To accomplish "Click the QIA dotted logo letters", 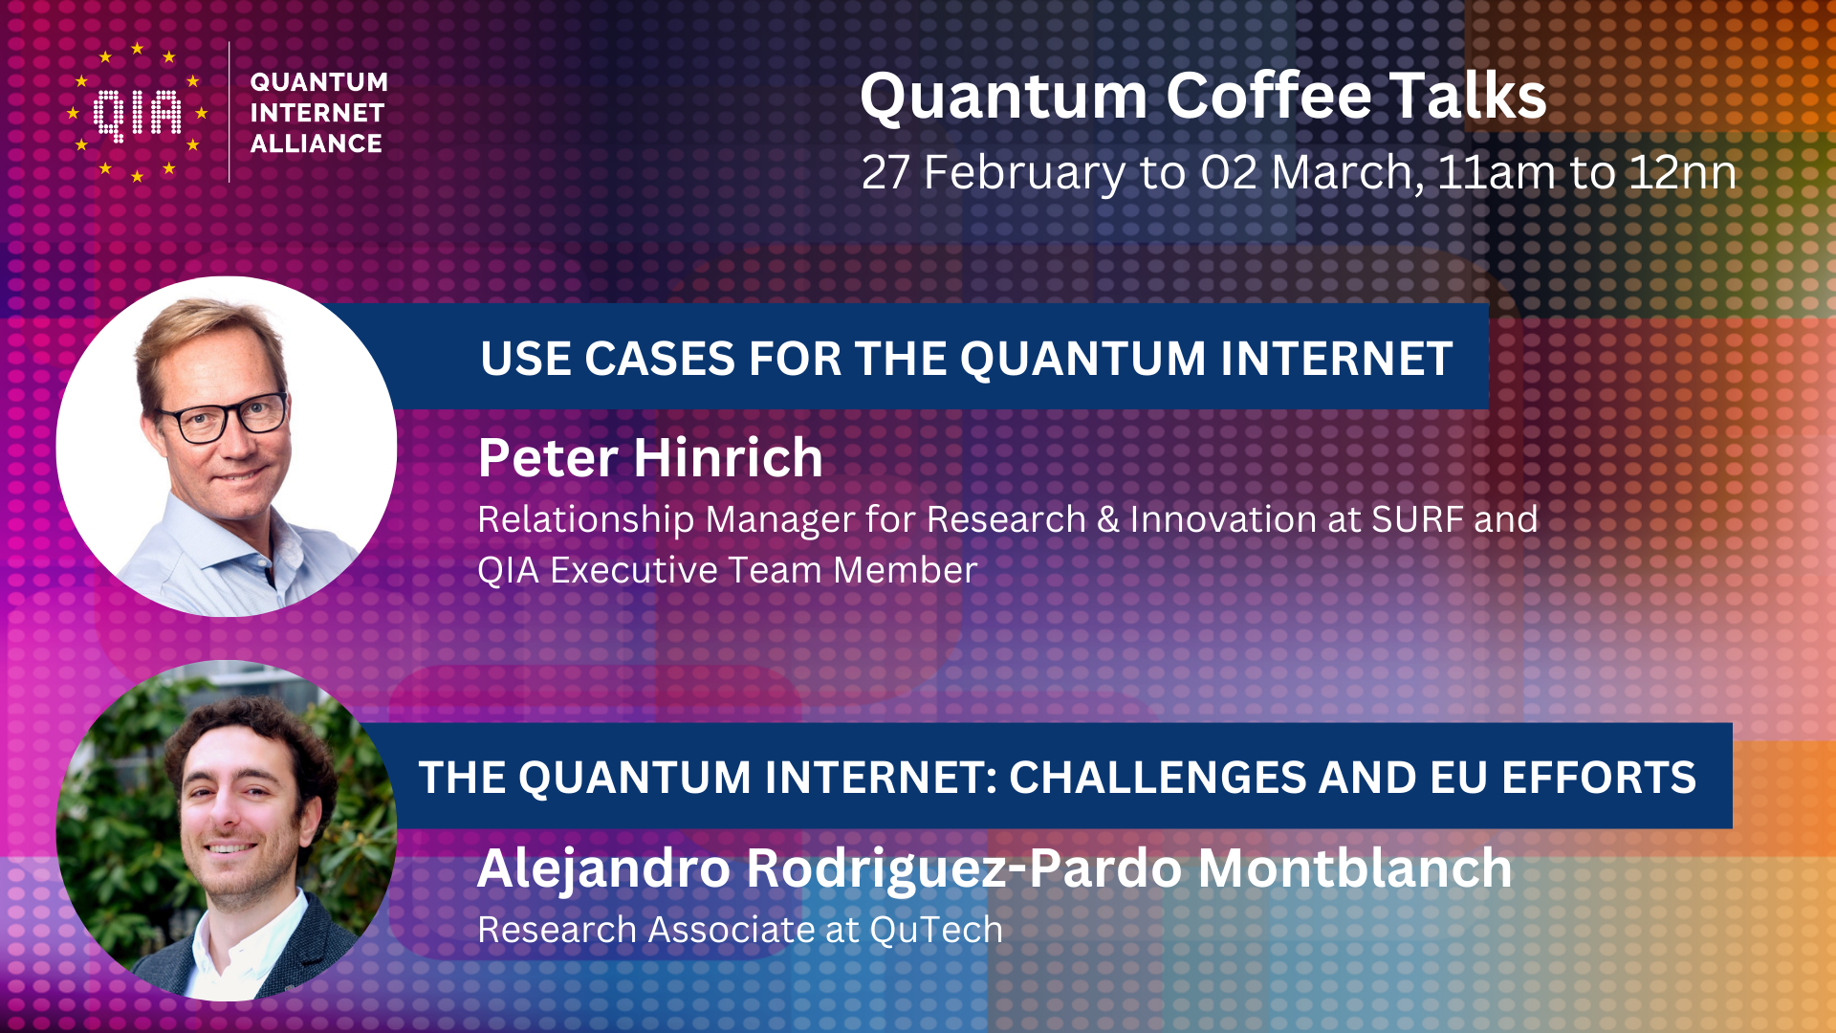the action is tap(138, 115).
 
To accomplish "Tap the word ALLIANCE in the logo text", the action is tap(317, 143).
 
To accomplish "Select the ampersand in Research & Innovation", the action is tap(1108, 519).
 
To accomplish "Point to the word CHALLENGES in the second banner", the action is tap(1156, 778).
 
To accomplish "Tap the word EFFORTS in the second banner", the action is tap(1599, 778).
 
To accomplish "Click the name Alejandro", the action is tap(604, 869).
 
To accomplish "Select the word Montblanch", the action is tap(1355, 868).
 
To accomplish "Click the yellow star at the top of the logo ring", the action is tap(138, 48).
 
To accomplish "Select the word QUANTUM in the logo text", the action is tap(319, 82).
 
